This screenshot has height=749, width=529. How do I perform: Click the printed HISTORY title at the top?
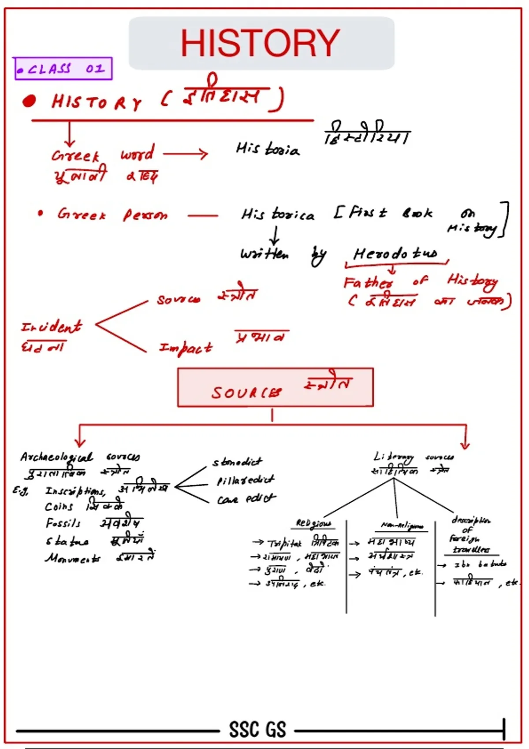(260, 43)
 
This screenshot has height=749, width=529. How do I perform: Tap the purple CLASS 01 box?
(63, 69)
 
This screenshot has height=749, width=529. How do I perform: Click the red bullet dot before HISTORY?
(29, 101)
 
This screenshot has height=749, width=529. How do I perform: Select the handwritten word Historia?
(267, 149)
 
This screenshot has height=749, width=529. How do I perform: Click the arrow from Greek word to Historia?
(185, 154)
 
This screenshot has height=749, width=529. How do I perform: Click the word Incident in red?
(51, 326)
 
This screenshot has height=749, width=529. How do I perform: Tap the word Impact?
(185, 348)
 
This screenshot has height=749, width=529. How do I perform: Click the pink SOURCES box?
(275, 387)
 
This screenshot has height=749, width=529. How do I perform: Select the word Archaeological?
(56, 457)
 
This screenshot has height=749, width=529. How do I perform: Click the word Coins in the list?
(59, 507)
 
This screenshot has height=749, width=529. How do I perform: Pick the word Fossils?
(63, 523)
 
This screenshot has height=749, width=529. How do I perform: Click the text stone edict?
(237, 462)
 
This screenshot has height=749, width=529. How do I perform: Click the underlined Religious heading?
(313, 523)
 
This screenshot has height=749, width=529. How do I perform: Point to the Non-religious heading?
(402, 526)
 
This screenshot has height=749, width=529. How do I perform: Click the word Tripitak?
(284, 544)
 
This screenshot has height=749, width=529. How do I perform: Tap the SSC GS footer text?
(257, 729)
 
